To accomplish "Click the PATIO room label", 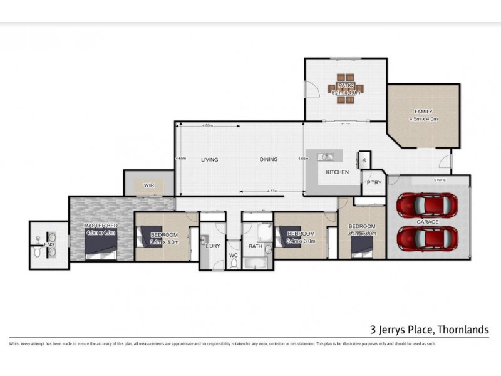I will pos(345,85).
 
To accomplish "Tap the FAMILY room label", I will pos(423,112).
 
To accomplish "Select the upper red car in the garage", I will pos(427,205).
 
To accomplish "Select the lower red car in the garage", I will pos(427,238).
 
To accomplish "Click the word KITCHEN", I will pos(337,172).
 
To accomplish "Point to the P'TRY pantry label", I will pos(374,183).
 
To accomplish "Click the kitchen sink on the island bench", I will pos(327,157).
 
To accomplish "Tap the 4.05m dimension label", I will pos(208,126).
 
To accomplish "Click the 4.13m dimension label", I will pos(273,191).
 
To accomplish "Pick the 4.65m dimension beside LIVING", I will pos(180,159).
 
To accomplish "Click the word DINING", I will pos(269,160).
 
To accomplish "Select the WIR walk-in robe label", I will pos(149,185).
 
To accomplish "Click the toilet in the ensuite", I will pos(38,252).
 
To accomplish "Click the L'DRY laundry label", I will pos(213,246).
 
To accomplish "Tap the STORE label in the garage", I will pos(440,180).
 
